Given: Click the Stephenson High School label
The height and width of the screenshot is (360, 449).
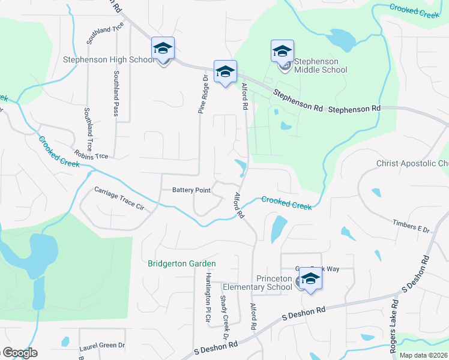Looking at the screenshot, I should (x=108, y=60).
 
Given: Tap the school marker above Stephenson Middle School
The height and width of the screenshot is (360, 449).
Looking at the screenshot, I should (x=282, y=52).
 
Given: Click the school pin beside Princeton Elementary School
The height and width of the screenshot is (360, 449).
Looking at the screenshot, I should (x=310, y=279).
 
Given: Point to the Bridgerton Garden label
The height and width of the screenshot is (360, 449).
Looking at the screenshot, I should (x=182, y=263).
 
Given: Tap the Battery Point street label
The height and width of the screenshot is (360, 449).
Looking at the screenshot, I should (x=191, y=190).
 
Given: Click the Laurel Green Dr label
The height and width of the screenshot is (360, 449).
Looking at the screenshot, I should (x=101, y=346).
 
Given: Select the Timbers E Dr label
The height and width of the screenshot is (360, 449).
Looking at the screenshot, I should (x=412, y=230).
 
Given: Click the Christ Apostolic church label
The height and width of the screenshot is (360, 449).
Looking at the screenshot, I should (x=412, y=164).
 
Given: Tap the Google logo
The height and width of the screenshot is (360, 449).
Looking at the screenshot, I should (x=19, y=353).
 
